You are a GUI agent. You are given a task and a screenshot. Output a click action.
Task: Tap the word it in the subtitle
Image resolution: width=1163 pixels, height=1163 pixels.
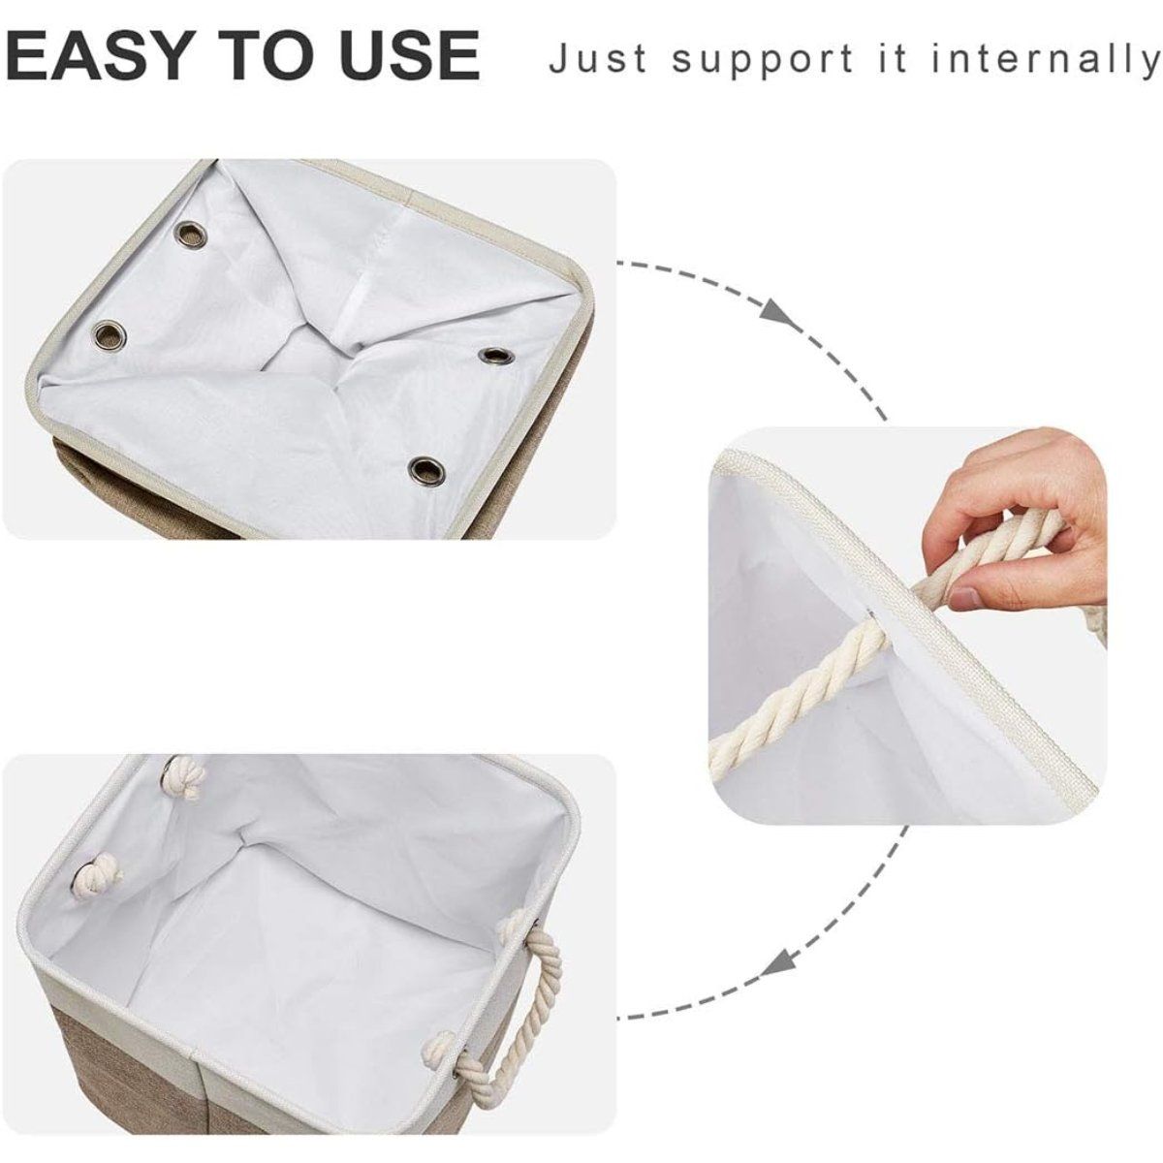(898, 58)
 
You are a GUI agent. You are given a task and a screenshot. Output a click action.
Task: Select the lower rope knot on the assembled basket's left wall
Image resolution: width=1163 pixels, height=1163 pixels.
(97, 871)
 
